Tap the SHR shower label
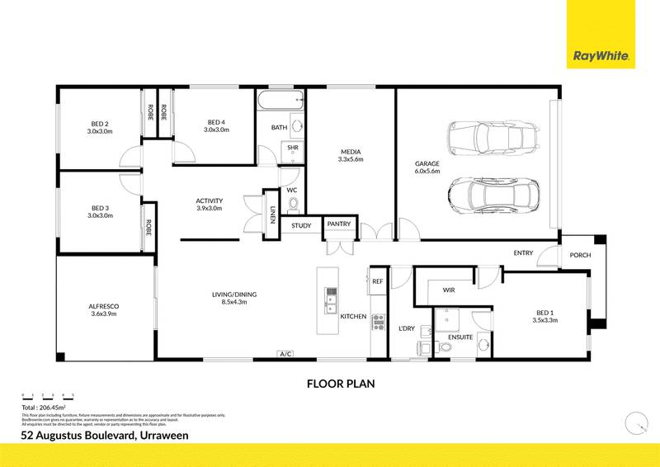pyautogui.click(x=292, y=149)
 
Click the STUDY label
pyautogui.click(x=300, y=224)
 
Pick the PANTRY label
pyautogui.click(x=338, y=224)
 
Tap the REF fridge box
pyautogui.click(x=378, y=281)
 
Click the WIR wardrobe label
pyautogui.click(x=449, y=290)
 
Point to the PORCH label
pyautogui.click(x=581, y=255)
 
